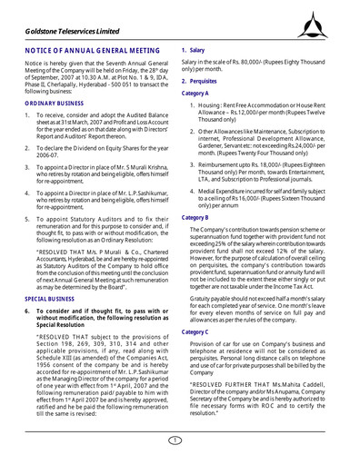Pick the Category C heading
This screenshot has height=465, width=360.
pyautogui.click(x=201, y=333)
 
